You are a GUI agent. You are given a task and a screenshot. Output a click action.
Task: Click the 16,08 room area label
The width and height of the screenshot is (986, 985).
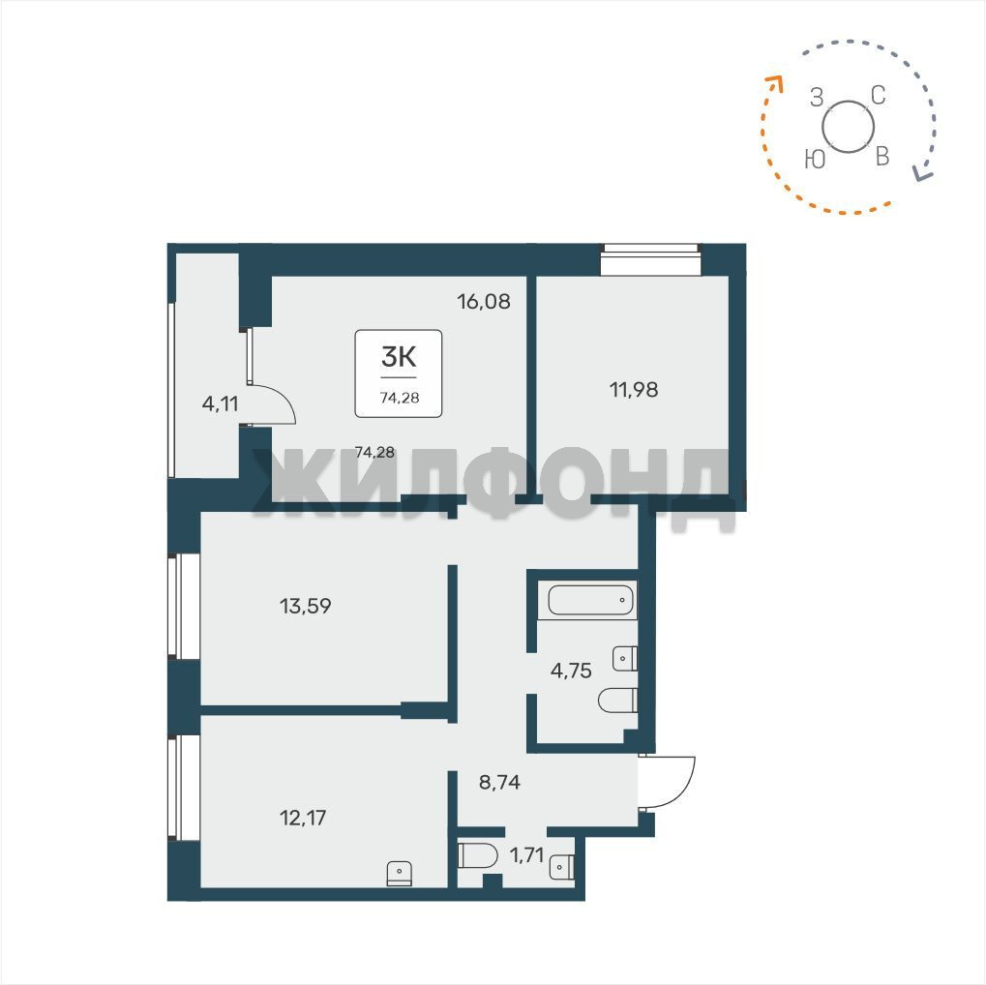click(x=484, y=302)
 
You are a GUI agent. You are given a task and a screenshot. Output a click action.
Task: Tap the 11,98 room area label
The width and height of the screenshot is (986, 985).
click(x=634, y=390)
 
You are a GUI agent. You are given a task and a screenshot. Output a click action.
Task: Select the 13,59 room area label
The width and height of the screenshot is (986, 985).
click(x=305, y=607)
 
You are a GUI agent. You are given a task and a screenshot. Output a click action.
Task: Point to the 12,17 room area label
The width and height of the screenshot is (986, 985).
click(x=303, y=818)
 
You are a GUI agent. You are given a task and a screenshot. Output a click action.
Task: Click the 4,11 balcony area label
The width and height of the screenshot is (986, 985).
click(x=220, y=403)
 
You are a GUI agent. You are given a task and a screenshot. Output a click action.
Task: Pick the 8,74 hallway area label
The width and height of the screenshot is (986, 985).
click(x=499, y=783)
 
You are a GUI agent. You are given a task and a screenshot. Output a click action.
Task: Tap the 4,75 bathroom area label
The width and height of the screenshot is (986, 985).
click(x=571, y=672)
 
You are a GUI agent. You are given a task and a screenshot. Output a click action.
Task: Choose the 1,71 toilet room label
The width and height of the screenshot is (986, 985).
click(x=526, y=855)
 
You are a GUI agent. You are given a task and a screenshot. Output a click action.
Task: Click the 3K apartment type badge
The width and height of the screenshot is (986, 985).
click(x=399, y=373)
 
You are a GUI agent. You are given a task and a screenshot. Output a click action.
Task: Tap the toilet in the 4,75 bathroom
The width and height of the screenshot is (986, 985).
click(x=617, y=701)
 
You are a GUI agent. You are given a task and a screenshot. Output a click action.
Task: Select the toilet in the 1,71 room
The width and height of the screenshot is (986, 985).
click(x=477, y=855)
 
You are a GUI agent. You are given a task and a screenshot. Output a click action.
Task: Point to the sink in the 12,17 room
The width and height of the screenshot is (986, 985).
click(x=399, y=874)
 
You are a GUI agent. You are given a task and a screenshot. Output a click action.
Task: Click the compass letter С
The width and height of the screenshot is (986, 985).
click(x=879, y=96)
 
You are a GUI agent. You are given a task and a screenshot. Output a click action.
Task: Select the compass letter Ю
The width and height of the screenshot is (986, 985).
click(x=815, y=160)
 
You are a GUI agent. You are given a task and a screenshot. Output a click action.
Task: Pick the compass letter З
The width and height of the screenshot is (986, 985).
click(x=817, y=98)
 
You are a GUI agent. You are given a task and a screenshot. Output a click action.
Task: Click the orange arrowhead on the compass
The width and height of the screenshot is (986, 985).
click(x=774, y=83)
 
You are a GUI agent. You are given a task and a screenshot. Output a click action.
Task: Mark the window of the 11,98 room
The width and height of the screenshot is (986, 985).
click(x=650, y=259)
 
